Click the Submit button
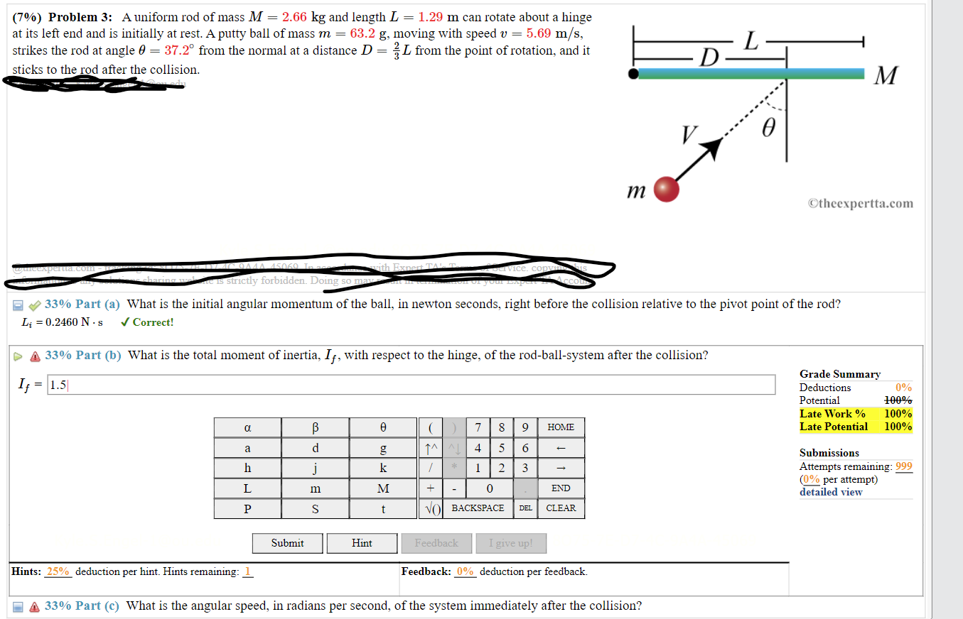pos(287,543)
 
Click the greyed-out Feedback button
pos(436,543)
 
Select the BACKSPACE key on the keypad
pos(478,508)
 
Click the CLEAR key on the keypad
pos(561,508)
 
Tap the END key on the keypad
pos(561,488)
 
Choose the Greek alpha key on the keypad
pos(247,427)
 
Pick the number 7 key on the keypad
pos(478,427)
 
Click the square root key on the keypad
pos(433,508)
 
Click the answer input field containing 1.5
pos(411,385)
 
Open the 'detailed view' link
pos(831,492)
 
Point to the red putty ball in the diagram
pos(666,190)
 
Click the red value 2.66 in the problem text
pos(294,17)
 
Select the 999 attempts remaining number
pos(904,466)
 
